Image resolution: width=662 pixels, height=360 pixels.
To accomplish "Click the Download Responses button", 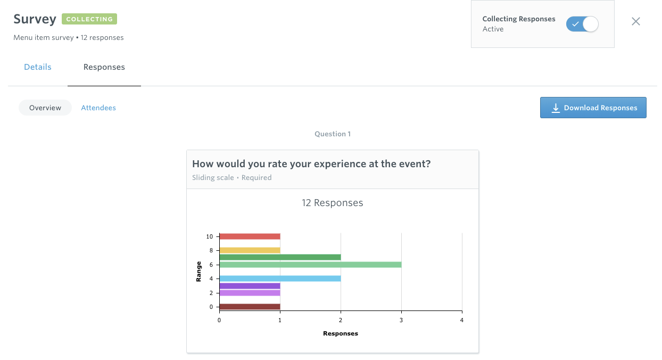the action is tap(593, 108).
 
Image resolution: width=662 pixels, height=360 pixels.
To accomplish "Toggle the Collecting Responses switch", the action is tap(582, 24).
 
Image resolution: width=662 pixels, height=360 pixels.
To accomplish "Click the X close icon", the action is tap(636, 21).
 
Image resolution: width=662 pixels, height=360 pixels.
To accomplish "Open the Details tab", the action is tap(38, 67).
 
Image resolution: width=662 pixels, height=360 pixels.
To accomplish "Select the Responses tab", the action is tap(104, 67).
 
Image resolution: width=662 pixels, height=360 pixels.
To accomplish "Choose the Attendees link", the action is tap(98, 108).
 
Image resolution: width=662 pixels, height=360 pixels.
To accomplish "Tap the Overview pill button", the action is tap(45, 108).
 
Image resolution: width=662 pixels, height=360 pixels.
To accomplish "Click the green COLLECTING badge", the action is tap(89, 19).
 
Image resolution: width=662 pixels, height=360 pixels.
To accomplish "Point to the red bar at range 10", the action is tap(250, 236).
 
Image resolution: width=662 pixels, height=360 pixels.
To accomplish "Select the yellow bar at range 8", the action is tap(250, 250).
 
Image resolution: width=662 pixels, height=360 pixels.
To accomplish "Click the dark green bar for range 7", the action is tap(280, 257).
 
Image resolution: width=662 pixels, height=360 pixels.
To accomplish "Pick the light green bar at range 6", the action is tap(310, 265).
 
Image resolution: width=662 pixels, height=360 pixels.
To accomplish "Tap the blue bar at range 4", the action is tap(280, 279).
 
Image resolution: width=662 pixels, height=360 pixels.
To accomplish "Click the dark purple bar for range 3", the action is tap(250, 286).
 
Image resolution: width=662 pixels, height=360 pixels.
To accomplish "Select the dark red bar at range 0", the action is tap(250, 307).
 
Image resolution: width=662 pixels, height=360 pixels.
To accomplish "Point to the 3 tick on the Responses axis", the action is tap(401, 320).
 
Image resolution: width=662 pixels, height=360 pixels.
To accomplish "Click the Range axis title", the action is tap(198, 272).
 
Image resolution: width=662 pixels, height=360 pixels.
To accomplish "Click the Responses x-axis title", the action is tap(341, 333).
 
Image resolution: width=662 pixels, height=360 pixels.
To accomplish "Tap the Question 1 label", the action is tap(333, 134).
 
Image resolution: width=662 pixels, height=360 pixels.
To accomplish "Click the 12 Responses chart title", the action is tap(332, 203).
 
